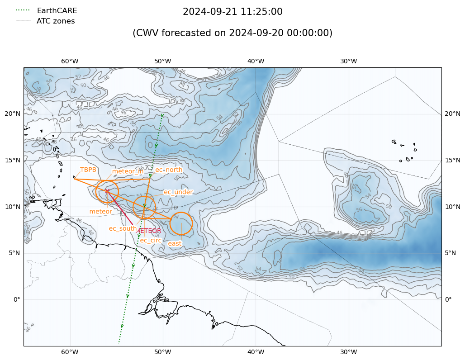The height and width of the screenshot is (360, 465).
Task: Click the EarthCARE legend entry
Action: (x=57, y=10)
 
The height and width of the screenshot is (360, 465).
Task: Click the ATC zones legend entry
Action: (x=56, y=21)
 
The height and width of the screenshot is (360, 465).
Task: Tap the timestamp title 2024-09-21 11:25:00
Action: (x=232, y=12)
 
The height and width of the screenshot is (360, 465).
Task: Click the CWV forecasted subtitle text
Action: (x=232, y=33)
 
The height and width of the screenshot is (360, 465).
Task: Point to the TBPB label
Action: (x=88, y=170)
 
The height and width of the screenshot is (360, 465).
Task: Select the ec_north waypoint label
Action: (x=169, y=170)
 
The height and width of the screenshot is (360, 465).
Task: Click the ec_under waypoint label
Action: (x=178, y=192)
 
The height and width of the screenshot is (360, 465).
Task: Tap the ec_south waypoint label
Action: (x=123, y=228)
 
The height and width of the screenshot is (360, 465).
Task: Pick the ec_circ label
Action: (x=151, y=240)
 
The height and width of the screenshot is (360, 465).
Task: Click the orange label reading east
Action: (x=175, y=243)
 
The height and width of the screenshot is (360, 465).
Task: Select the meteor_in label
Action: (x=128, y=171)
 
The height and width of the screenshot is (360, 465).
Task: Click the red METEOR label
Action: (x=149, y=231)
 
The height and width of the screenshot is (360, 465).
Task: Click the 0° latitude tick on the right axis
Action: (x=448, y=299)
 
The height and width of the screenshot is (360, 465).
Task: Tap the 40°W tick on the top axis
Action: (x=256, y=62)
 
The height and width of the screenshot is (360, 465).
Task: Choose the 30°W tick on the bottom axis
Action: (x=348, y=352)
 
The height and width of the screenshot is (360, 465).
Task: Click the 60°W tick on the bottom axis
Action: (x=70, y=352)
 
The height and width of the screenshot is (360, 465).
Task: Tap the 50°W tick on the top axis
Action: (x=162, y=62)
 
